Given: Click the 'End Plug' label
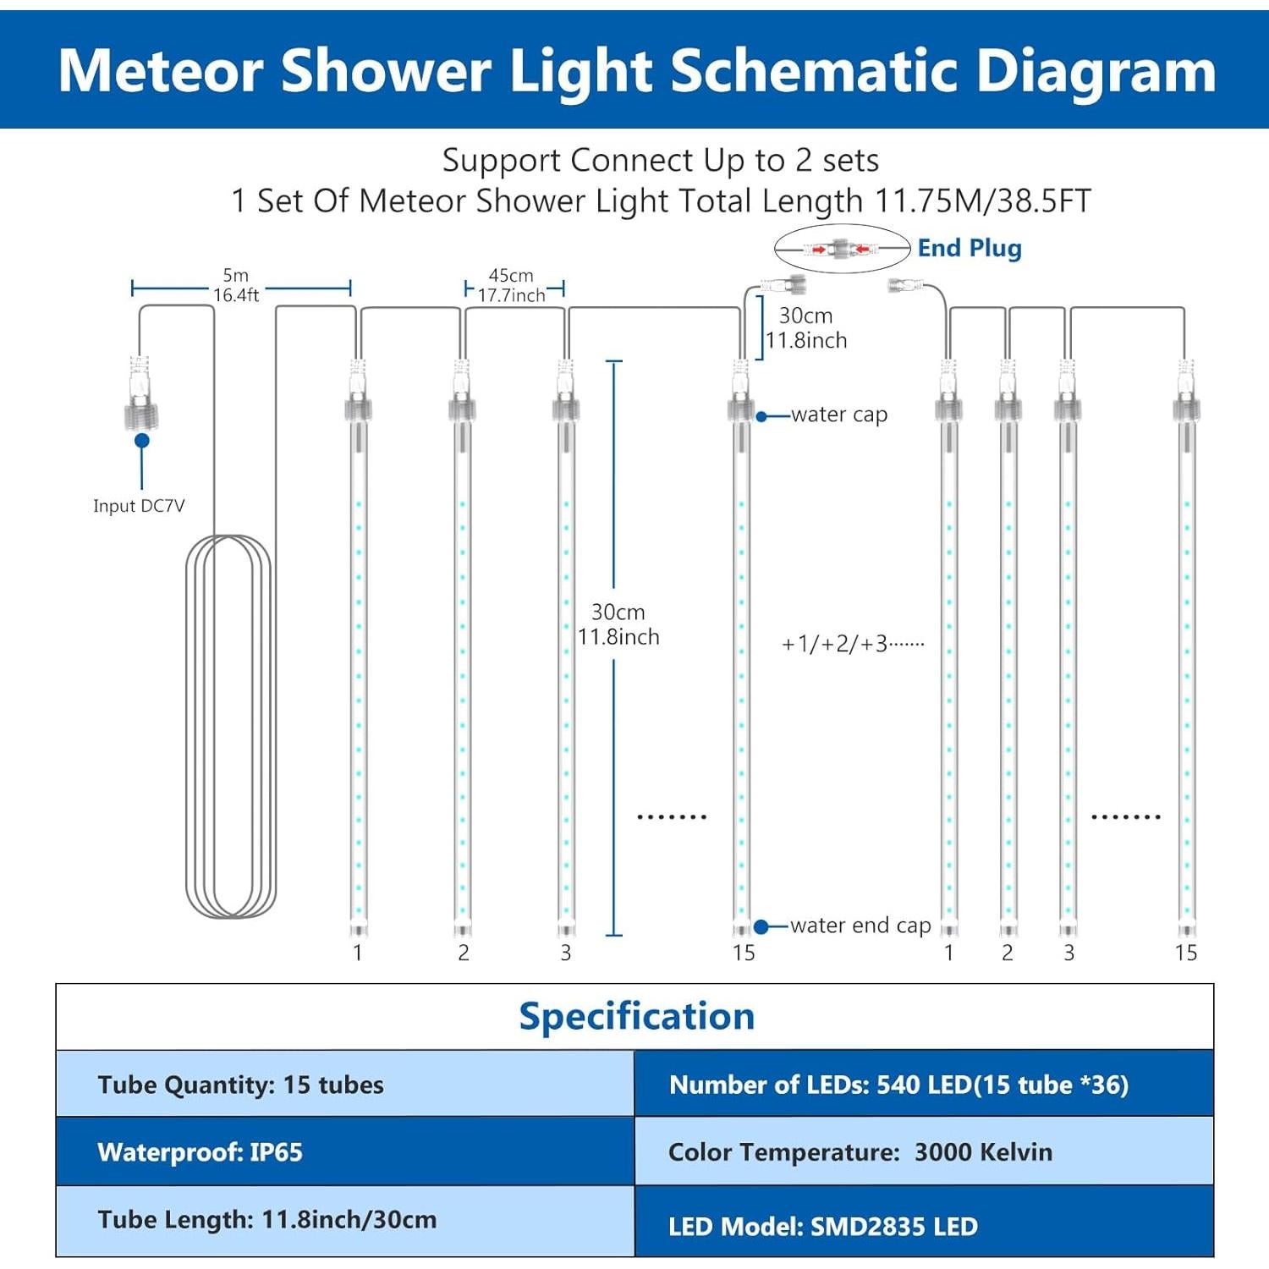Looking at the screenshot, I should (969, 248).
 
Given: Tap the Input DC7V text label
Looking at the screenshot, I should (139, 506).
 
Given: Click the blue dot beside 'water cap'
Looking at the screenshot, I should (761, 416).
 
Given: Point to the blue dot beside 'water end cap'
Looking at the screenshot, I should (761, 927).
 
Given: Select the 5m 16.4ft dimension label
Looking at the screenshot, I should (236, 285).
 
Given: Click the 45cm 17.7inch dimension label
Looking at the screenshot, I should (511, 286).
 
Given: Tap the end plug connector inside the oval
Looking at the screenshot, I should (840, 249).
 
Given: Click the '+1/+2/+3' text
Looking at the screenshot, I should (852, 645).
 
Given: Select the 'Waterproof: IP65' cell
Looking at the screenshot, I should (344, 1151).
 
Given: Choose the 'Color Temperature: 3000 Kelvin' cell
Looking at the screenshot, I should (923, 1151).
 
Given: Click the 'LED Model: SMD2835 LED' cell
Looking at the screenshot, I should (923, 1225).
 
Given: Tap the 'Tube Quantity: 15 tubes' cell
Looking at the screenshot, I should (344, 1085).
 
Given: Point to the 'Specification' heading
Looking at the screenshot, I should (636, 1016).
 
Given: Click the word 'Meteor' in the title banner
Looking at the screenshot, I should (161, 70).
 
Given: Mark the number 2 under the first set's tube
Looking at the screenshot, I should (463, 953).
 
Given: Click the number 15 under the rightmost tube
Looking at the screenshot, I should (1185, 953).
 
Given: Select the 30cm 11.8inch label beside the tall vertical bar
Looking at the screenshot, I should (618, 624).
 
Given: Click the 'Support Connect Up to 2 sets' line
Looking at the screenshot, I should (660, 160).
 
